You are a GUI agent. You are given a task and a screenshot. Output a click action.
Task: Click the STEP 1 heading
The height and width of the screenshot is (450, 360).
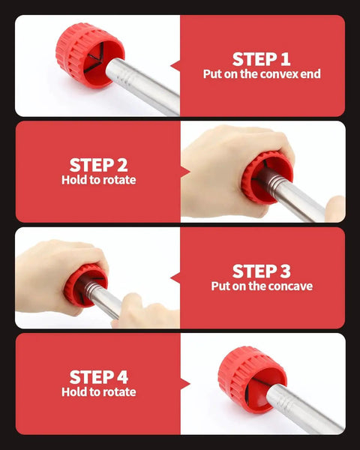pos(261,58)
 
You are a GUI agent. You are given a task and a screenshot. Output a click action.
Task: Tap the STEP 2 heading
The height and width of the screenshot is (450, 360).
pos(98,164)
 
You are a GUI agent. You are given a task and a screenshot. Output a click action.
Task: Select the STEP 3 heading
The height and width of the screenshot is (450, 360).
pos(261,271)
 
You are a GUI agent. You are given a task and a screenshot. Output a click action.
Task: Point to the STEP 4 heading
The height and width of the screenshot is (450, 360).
pos(98,376)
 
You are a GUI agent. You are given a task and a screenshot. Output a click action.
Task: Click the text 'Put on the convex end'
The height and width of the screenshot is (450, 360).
pos(261,74)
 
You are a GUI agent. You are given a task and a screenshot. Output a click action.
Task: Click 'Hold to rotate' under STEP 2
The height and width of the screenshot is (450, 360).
pos(98,180)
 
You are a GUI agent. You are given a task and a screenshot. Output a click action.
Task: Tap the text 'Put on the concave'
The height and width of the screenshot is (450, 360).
pos(261,286)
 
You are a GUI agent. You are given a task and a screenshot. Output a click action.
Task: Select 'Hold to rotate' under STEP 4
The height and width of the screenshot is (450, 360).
pos(98,391)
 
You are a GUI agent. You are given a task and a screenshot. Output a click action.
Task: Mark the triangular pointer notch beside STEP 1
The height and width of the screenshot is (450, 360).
pos(175,66)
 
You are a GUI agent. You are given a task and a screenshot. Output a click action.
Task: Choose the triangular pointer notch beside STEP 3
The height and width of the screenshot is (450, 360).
pos(175,277)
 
